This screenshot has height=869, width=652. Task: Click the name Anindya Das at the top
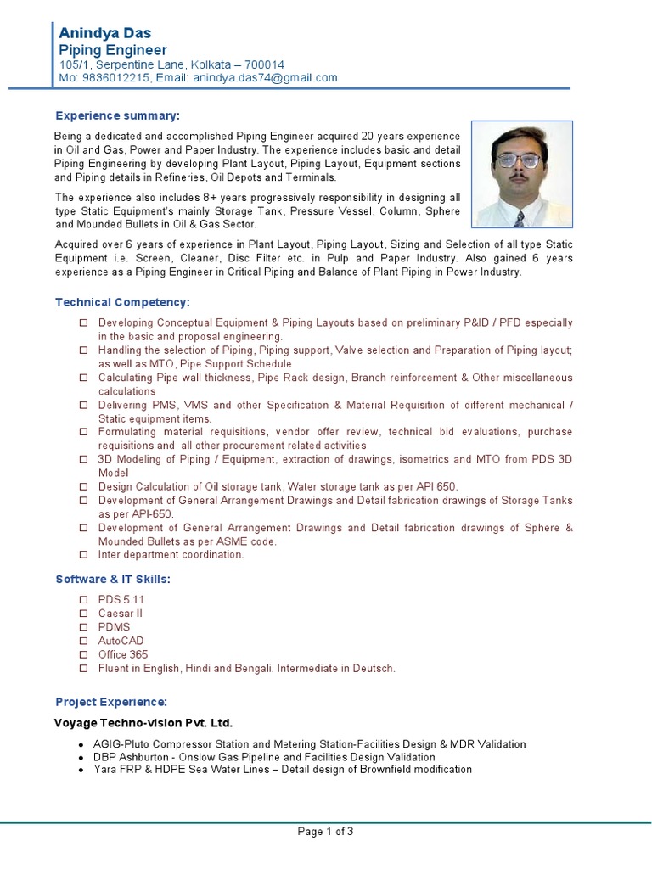(104, 32)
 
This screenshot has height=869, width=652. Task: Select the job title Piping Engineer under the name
(112, 50)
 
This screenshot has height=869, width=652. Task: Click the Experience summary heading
(118, 115)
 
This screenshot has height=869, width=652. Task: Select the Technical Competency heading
(122, 302)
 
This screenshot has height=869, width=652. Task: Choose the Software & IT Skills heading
(113, 579)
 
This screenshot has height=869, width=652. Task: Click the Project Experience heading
(111, 702)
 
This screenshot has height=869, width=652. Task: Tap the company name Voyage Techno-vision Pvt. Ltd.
(143, 723)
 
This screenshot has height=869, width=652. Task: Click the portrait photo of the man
(522, 175)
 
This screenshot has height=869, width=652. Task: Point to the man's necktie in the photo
(518, 218)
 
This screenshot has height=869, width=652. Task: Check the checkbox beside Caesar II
(83, 613)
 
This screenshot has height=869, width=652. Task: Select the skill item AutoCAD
(121, 641)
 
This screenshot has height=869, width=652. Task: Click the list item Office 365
(123, 654)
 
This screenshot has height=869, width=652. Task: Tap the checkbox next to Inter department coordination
(83, 555)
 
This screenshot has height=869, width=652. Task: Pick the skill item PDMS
(115, 627)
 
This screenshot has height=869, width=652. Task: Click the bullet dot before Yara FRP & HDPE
(81, 770)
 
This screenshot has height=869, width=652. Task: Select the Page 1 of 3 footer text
(325, 832)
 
